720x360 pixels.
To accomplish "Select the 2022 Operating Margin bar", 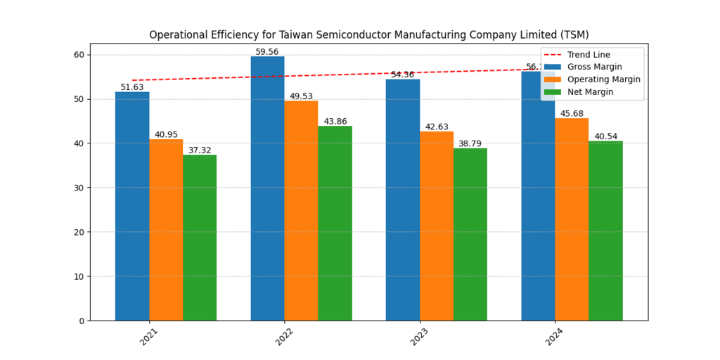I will point(301,210).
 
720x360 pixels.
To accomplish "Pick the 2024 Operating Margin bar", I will point(572,219).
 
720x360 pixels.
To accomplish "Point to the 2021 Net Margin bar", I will point(200,238).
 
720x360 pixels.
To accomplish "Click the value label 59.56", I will point(267,52).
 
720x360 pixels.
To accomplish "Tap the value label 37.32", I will point(200,150).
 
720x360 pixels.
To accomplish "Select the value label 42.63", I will point(437,127).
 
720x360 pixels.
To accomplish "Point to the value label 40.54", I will point(605,136).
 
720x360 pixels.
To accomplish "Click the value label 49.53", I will point(301,96).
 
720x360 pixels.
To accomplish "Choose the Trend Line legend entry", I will point(589,55).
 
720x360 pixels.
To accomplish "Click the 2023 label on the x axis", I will point(419,336).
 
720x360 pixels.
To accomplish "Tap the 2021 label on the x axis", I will point(148,336).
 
